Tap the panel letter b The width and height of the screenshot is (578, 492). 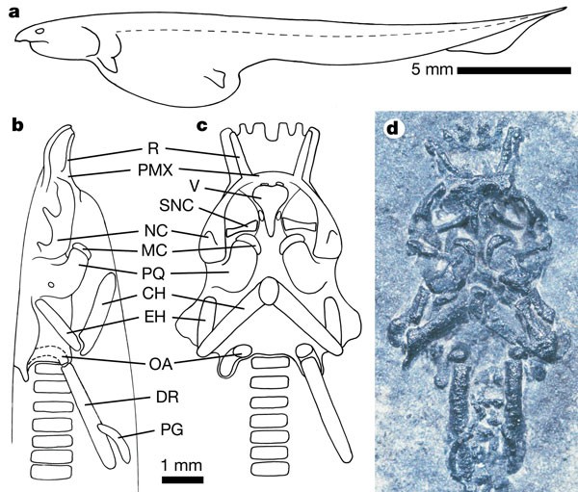(17, 124)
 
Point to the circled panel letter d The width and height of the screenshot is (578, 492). (394, 128)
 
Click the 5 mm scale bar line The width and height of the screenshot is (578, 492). (511, 70)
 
